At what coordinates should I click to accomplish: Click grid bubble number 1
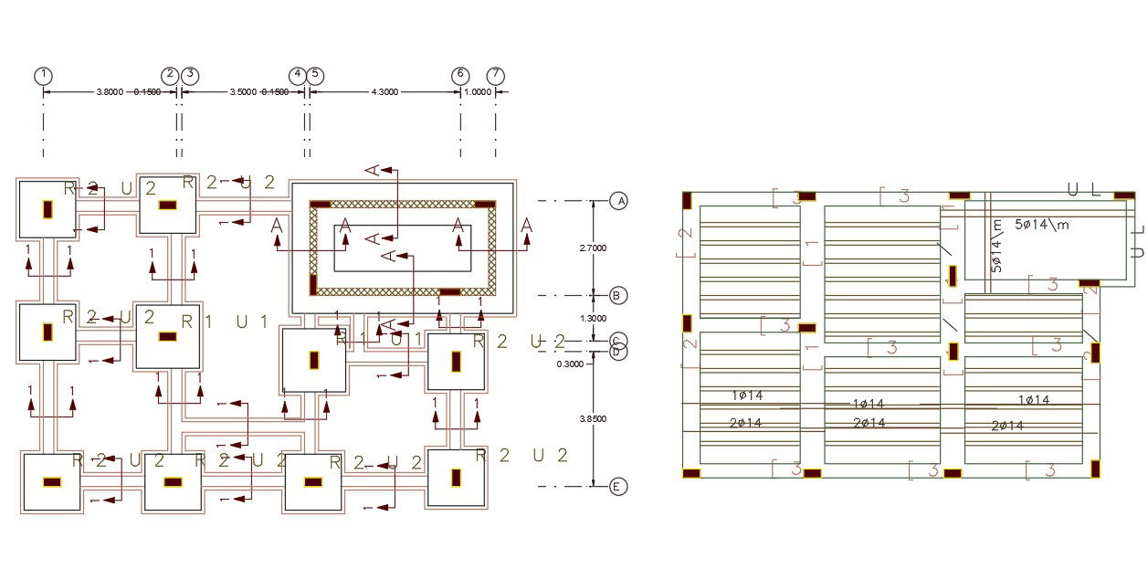pos(44,75)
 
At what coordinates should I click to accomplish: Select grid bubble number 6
pos(460,75)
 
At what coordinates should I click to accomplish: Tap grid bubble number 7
pos(495,75)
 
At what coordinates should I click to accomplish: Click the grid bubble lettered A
pos(619,201)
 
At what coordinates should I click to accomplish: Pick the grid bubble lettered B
pos(619,295)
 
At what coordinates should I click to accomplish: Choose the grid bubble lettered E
pos(619,487)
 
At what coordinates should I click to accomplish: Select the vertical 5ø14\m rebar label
pos(996,246)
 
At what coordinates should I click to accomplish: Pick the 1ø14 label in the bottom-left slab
pos(747,395)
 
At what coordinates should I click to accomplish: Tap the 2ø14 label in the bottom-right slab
pos(1007,426)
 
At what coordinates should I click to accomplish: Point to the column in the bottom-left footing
pos(52,481)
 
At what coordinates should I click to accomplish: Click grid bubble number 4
pos(297,75)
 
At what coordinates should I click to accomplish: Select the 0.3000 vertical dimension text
pos(571,364)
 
